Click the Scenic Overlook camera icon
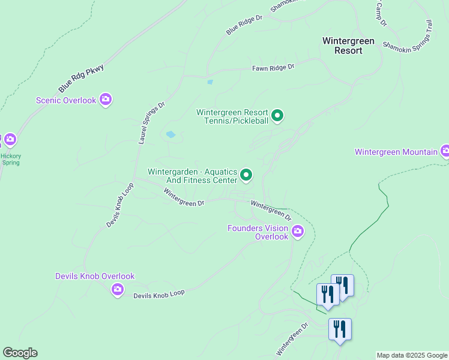point(106,100)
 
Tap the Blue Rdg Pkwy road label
point(82,78)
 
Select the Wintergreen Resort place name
point(348,46)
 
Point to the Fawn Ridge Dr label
point(274,68)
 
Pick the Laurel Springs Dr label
point(152,122)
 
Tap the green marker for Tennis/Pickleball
point(277,115)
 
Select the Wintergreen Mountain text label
point(396,152)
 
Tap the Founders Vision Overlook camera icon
point(298,232)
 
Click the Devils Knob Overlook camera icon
point(118,290)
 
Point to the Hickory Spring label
point(11,159)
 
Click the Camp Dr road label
point(381,13)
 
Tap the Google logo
point(20,353)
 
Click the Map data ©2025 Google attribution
point(411,355)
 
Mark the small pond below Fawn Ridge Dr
point(209,82)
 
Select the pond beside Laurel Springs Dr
point(170,134)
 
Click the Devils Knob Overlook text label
point(95,276)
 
